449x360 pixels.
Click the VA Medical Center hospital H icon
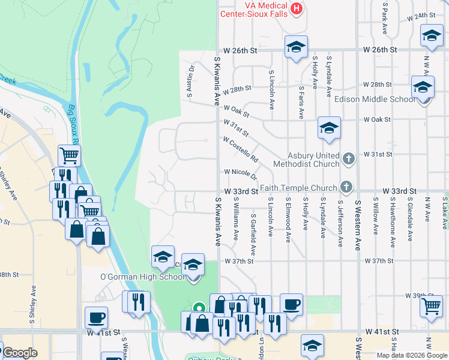[296, 8]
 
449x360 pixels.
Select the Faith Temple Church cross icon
[346, 187]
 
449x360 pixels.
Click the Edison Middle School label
[375, 99]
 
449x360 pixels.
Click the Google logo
[20, 353]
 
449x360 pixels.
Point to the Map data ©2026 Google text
[411, 355]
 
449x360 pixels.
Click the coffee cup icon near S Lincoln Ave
[292, 304]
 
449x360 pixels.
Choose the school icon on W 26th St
[295, 47]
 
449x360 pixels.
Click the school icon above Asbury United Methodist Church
[329, 128]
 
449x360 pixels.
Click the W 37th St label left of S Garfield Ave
[240, 261]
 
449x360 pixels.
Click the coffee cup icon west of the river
[96, 317]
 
